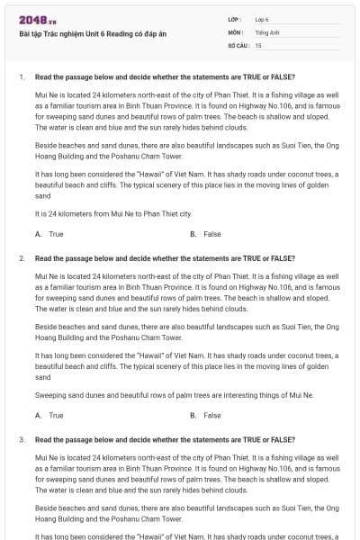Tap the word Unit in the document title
click(x=81, y=35)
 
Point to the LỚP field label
click(x=235, y=19)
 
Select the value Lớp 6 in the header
click(x=262, y=19)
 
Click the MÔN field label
click(x=236, y=31)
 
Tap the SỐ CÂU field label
click(x=238, y=44)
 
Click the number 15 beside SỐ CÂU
click(x=258, y=44)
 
